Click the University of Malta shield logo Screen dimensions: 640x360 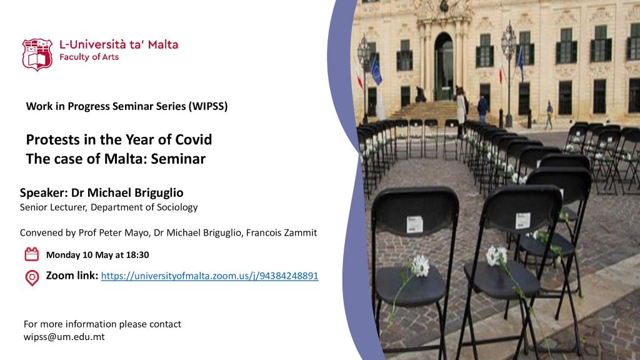(37, 55)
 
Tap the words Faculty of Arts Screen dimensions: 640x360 (89, 57)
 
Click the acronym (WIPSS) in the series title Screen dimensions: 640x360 (207, 106)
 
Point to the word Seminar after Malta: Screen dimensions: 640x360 (178, 159)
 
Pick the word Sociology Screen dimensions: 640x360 (178, 207)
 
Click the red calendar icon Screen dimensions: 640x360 (32, 254)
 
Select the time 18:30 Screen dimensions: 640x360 (137, 255)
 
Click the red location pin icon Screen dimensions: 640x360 (32, 278)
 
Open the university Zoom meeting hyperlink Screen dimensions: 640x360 (209, 276)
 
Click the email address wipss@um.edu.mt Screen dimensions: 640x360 (64, 337)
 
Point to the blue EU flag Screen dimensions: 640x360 (376, 72)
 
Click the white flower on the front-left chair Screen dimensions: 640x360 (419, 266)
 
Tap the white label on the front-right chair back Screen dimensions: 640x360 (523, 221)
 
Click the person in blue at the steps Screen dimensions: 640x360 (482, 108)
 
